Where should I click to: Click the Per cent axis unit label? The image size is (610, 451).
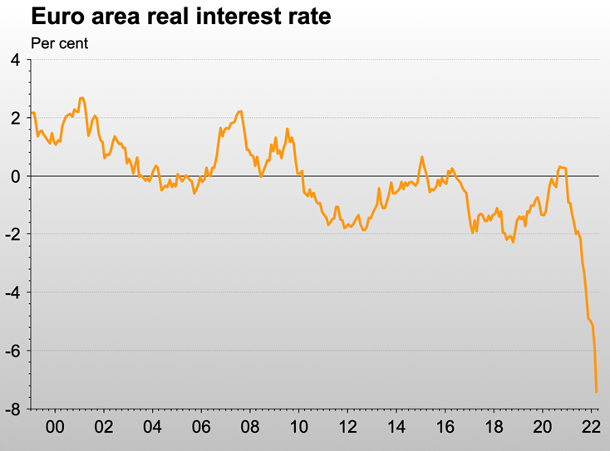(60, 42)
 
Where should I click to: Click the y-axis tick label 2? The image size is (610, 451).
(15, 118)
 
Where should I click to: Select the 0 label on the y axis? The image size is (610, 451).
(15, 176)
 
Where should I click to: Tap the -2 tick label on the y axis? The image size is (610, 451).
(12, 234)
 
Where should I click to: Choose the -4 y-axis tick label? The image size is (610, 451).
(12, 292)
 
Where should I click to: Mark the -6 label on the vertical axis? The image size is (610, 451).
(12, 351)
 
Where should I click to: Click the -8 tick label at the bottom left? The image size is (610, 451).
(12, 409)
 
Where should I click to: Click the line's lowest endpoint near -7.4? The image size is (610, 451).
(597, 391)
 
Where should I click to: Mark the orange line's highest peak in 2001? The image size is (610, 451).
(81, 98)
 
